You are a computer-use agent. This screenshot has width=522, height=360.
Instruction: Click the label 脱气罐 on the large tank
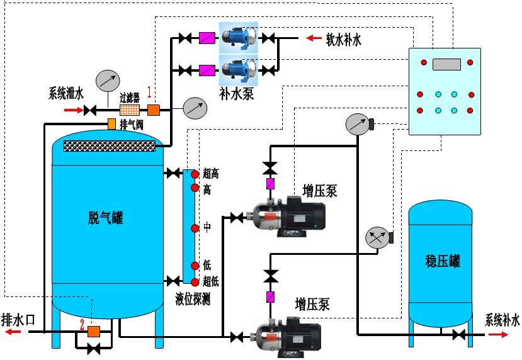(105, 218)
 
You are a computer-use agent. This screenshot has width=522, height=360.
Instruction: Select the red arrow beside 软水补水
(313, 39)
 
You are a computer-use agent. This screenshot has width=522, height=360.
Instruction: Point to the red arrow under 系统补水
(499, 334)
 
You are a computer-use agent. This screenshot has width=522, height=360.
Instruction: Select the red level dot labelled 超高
(195, 173)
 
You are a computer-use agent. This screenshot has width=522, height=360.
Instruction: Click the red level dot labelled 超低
(195, 281)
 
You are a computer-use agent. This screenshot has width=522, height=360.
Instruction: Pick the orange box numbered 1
(154, 110)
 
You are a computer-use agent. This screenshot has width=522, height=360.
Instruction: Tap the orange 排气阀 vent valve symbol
(111, 124)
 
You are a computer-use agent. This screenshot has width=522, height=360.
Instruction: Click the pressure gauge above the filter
(108, 81)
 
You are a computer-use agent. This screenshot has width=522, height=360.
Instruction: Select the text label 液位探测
(193, 299)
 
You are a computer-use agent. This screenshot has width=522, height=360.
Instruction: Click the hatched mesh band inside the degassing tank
(110, 145)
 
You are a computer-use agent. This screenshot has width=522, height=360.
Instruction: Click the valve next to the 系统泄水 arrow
(89, 111)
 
